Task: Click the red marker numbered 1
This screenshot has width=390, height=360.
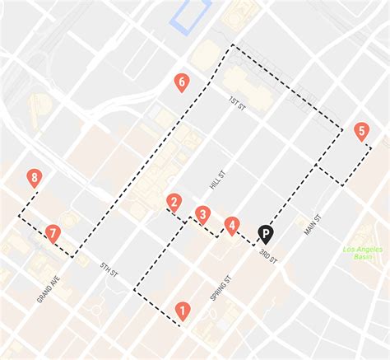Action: pos(182,311)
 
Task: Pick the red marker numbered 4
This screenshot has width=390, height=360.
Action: pos(233,224)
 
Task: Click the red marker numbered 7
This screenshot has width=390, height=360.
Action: pos(53,234)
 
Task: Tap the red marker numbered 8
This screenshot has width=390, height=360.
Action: pos(34,177)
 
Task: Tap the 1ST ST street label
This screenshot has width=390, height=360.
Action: pos(238,102)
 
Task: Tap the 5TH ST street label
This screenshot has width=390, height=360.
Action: pos(109,268)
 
